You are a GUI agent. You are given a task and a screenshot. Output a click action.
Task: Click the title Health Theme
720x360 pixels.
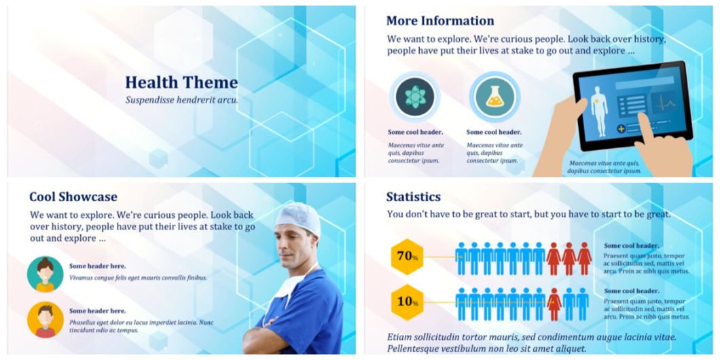click(181, 83)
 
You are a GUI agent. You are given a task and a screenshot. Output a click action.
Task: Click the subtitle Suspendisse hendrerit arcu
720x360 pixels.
click(181, 100)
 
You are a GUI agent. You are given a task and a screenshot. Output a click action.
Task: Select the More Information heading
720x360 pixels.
click(440, 20)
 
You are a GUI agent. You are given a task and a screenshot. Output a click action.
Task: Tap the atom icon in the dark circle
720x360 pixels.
click(416, 97)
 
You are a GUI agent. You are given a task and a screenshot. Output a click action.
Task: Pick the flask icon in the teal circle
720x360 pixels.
click(494, 97)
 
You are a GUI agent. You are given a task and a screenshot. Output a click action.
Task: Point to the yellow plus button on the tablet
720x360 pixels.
click(621, 128)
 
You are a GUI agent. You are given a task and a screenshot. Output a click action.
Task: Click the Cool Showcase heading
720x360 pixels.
click(73, 197)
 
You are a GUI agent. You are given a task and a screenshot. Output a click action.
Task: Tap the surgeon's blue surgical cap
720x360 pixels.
click(298, 217)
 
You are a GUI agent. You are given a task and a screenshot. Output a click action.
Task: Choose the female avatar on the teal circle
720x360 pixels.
click(45, 274)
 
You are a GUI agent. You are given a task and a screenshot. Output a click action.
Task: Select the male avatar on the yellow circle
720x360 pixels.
click(45, 320)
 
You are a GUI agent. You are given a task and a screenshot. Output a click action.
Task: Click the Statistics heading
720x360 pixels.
click(413, 197)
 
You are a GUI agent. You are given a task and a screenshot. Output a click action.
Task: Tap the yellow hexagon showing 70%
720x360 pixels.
click(407, 257)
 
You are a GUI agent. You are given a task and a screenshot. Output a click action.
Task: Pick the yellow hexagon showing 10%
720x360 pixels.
click(407, 302)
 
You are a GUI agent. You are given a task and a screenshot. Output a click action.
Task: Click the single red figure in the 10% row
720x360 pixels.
click(555, 304)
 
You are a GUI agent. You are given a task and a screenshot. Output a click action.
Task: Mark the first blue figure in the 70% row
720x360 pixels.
click(461, 259)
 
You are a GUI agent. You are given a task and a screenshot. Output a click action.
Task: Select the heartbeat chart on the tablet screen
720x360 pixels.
click(664, 103)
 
